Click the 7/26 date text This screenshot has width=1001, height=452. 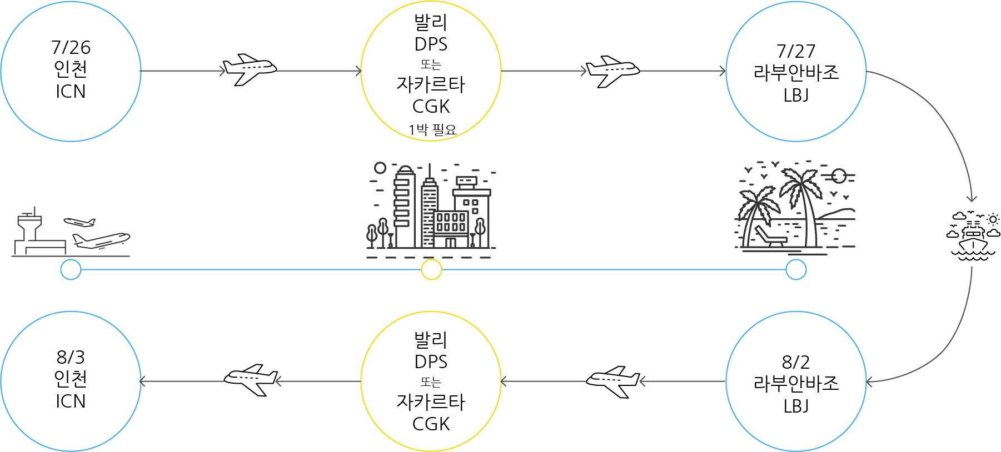(71, 47)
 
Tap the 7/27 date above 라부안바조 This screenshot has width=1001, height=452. (796, 51)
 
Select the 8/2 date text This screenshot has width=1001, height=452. (796, 362)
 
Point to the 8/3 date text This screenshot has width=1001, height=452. (71, 357)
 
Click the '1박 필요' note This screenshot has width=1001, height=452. (432, 130)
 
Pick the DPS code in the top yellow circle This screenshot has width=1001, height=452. (431, 44)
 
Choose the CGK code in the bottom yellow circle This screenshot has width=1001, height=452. (431, 424)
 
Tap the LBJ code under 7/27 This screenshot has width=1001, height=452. (796, 96)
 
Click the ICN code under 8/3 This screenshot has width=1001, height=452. (71, 401)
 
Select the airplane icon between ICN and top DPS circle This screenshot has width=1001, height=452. (250, 69)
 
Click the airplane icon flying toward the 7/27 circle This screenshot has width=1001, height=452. (613, 71)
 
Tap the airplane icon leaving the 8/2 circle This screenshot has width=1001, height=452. (613, 381)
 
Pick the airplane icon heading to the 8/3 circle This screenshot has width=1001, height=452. (251, 380)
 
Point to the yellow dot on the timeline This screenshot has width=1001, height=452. (431, 270)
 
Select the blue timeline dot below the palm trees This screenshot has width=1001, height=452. (796, 270)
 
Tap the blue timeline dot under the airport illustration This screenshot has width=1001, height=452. (71, 270)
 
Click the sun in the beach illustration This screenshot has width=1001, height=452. (839, 177)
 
